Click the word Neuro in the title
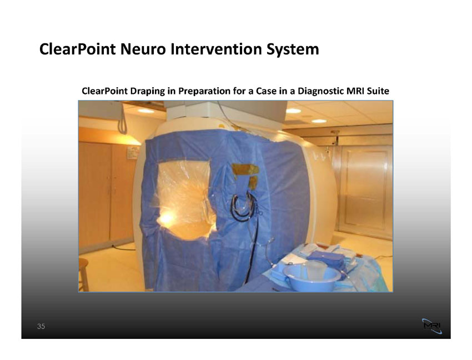click(143, 49)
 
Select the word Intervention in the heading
click(216, 49)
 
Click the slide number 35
click(41, 326)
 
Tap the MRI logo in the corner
click(432, 326)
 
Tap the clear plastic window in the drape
click(184, 199)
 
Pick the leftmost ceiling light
click(145, 111)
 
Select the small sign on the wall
click(133, 152)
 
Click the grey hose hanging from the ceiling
click(122, 118)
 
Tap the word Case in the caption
click(266, 91)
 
